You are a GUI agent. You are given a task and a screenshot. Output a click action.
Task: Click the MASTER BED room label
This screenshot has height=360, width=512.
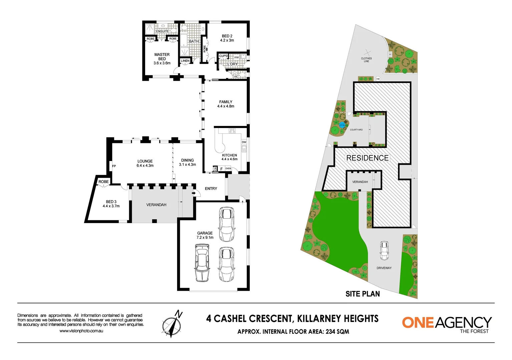pyautogui.click(x=162, y=57)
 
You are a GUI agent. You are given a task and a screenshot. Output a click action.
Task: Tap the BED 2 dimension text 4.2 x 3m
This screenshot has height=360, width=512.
pyautogui.click(x=227, y=41)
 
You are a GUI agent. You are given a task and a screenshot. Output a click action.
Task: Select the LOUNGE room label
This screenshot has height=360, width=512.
pyautogui.click(x=145, y=161)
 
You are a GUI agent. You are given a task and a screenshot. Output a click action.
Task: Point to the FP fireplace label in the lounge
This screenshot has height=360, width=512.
pyautogui.click(x=114, y=166)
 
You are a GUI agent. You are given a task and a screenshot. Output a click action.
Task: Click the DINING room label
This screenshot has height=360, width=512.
pyautogui.click(x=187, y=160)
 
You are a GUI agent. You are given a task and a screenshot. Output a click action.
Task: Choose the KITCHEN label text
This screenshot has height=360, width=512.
pyautogui.click(x=229, y=155)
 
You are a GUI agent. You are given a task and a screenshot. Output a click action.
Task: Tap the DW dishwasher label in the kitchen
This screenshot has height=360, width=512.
pyautogui.click(x=244, y=142)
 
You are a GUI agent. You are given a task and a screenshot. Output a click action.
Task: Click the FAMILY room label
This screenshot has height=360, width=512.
pyautogui.click(x=226, y=102)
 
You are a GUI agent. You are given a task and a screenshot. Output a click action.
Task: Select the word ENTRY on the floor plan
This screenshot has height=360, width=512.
pyautogui.click(x=211, y=189)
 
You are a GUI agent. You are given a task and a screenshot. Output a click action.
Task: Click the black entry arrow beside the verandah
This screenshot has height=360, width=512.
pyautogui.click(x=194, y=193)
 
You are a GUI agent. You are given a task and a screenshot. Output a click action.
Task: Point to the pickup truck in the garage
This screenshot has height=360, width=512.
pyautogui.click(x=202, y=263)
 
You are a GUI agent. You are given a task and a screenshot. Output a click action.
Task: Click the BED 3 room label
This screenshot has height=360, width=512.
pyautogui.click(x=111, y=202)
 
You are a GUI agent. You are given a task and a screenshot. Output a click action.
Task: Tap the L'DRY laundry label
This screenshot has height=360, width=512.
pyautogui.click(x=232, y=64)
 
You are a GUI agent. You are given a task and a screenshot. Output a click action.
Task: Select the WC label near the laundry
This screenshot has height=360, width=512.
pyautogui.click(x=236, y=77)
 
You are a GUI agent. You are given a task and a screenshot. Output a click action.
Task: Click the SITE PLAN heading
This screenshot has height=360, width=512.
pyautogui.click(x=363, y=294)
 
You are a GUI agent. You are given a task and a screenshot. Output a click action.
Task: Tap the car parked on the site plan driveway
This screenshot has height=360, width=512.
pyautogui.click(x=384, y=251)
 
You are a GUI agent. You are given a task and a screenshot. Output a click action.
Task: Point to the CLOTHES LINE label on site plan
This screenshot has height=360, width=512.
pyautogui.click(x=366, y=60)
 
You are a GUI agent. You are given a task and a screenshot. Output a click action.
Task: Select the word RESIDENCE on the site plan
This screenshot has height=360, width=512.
pyautogui.click(x=367, y=158)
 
